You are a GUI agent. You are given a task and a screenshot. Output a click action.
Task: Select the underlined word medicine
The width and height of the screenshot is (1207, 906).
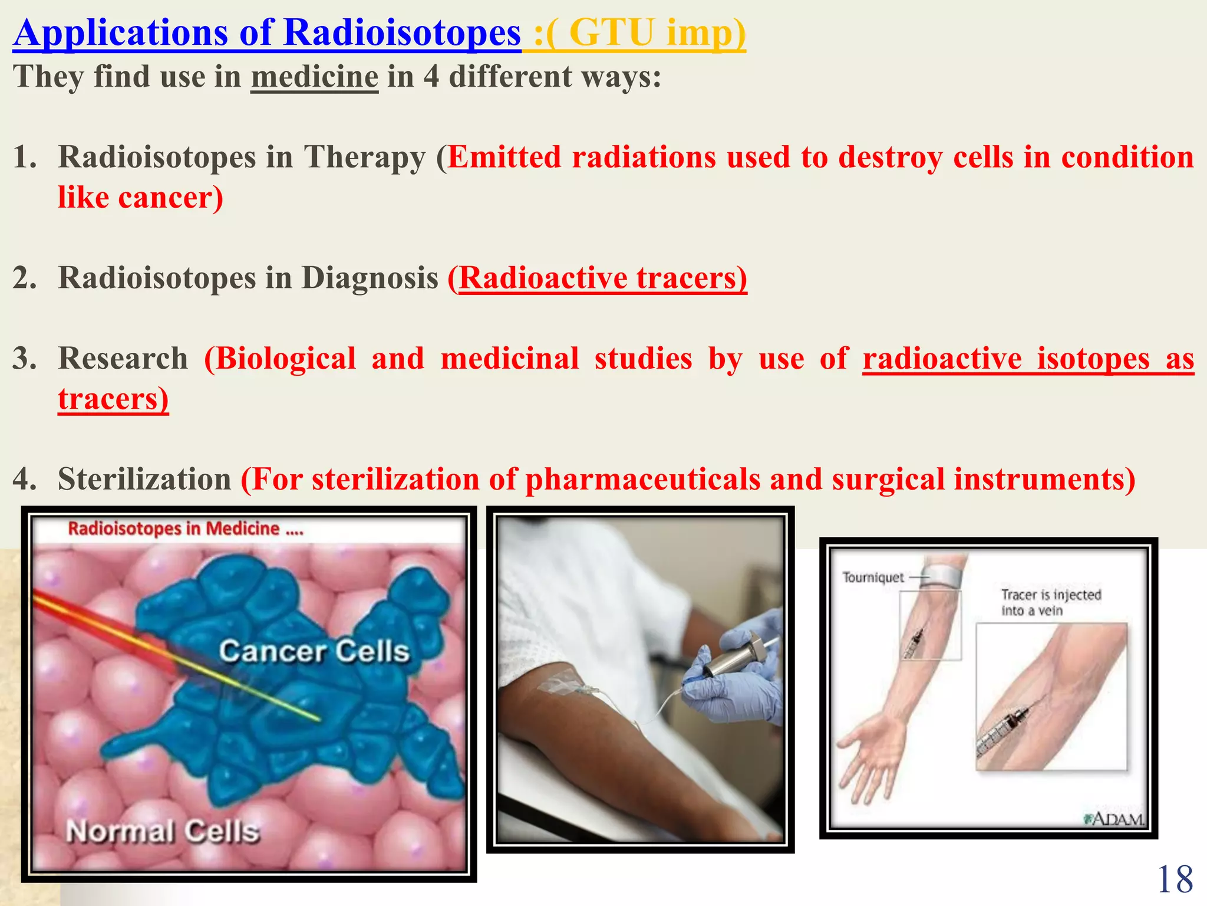[314, 77]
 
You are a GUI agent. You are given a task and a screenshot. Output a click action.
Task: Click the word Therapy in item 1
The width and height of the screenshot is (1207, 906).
[364, 157]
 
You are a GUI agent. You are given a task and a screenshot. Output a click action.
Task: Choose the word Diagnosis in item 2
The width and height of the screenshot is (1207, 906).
[370, 278]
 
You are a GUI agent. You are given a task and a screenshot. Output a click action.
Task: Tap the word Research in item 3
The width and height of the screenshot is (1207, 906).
[123, 359]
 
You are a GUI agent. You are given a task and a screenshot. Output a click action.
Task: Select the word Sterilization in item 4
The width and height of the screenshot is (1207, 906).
[144, 479]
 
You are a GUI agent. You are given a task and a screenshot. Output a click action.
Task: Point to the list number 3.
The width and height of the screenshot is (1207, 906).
[25, 359]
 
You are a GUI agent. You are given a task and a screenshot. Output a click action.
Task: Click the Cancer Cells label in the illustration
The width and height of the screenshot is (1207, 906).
[314, 652]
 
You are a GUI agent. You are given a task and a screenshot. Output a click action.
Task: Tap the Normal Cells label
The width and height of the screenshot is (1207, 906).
[163, 832]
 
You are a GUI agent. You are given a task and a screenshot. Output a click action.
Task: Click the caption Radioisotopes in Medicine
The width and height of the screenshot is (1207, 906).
[185, 528]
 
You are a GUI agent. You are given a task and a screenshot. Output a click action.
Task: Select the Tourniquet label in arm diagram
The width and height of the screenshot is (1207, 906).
[872, 577]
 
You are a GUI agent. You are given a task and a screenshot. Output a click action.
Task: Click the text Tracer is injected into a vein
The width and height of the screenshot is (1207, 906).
[1050, 602]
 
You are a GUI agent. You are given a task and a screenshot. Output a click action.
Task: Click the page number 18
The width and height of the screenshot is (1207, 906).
[1175, 879]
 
